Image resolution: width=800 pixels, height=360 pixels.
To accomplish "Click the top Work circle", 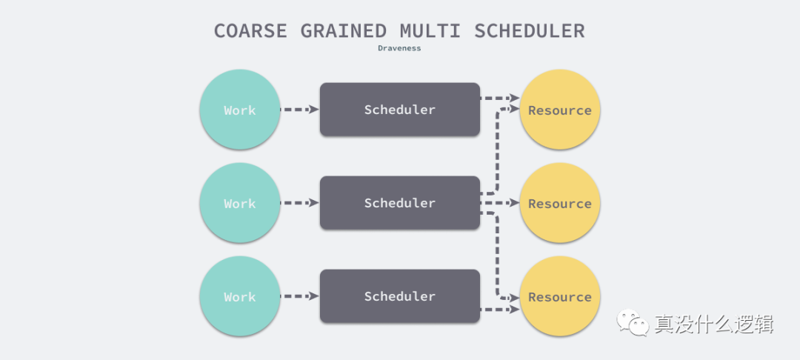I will (239, 110).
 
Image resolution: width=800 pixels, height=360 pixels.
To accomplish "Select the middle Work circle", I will (239, 203).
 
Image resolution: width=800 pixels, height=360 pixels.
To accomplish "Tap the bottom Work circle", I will (239, 296).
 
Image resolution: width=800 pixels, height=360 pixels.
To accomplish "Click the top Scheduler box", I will (399, 110).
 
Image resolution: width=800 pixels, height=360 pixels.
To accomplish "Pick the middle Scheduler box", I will (399, 203).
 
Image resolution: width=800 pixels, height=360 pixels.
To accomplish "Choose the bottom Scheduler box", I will (399, 296).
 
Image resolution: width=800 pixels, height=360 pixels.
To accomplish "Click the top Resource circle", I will (559, 110).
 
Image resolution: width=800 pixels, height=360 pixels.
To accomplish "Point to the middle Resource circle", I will (559, 203).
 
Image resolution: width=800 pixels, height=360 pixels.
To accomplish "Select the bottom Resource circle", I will (559, 296).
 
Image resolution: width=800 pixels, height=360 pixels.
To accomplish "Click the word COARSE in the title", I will (251, 31).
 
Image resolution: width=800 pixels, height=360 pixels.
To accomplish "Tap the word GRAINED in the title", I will (344, 31).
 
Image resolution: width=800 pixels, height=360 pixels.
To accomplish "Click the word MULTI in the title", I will (430, 31).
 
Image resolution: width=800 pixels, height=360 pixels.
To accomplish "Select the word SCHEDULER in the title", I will (529, 31).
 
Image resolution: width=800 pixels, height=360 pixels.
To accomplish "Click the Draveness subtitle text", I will (399, 48).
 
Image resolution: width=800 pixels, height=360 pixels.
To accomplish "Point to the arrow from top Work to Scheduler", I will (299, 110).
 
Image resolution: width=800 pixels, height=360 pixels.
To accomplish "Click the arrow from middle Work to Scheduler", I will (299, 203).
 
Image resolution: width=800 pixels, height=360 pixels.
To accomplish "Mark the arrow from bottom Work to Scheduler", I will (299, 296).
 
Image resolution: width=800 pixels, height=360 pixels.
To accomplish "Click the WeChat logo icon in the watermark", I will (630, 322).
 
